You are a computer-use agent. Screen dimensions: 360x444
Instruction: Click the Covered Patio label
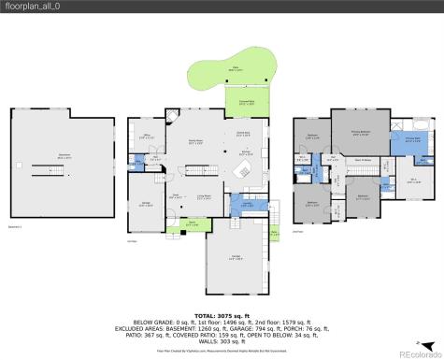pyautogui.click(x=245, y=104)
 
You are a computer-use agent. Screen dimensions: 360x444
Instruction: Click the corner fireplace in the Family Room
pyautogui.click(x=171, y=118)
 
